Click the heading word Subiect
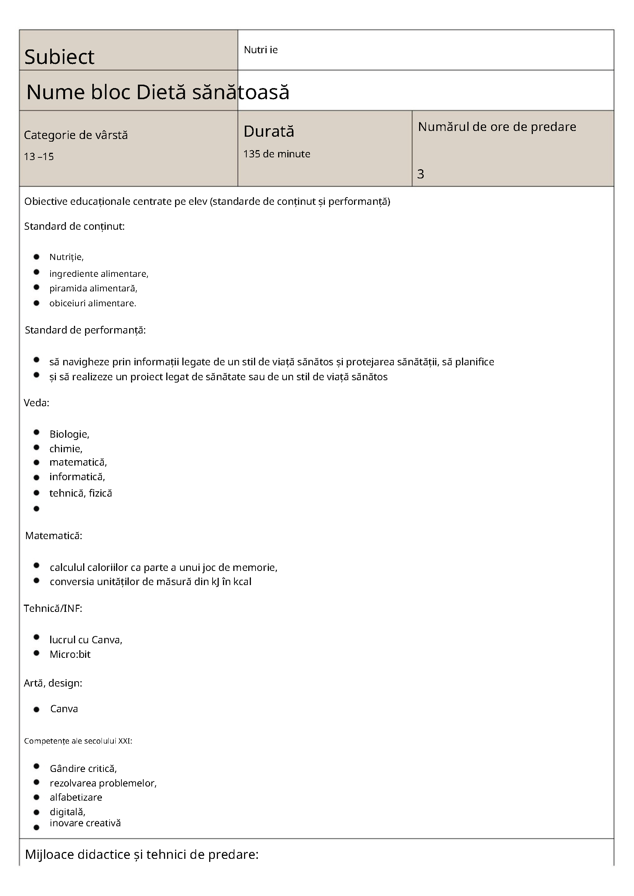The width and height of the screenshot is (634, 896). pos(59,57)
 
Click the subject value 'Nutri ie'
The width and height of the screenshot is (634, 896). pos(260,50)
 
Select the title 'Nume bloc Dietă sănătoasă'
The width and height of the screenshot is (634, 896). pos(158,93)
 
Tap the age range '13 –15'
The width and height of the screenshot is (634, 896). pos(39,157)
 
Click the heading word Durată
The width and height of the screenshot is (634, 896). pos(269,131)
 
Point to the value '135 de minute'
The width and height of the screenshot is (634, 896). pos(277,154)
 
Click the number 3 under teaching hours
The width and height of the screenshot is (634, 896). pos(421,174)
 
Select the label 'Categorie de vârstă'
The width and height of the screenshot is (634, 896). pos(76,135)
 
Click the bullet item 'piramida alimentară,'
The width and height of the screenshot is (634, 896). pos(93,288)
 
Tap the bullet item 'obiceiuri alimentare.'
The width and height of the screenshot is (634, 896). pos(93,303)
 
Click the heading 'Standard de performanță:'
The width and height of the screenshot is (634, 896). pos(85,330)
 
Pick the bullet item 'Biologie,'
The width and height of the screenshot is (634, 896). pos(69,434)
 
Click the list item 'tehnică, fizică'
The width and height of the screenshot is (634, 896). pos(80,493)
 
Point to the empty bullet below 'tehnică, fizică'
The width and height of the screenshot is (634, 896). pos(37,508)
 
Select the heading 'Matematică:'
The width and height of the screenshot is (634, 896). pos(54,536)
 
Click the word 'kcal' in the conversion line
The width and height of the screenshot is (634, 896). pos(242,582)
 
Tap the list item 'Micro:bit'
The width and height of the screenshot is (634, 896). pos(70,654)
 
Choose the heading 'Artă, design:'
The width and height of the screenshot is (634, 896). pos(53,683)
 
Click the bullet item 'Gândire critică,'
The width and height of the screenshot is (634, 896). pos(83,769)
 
